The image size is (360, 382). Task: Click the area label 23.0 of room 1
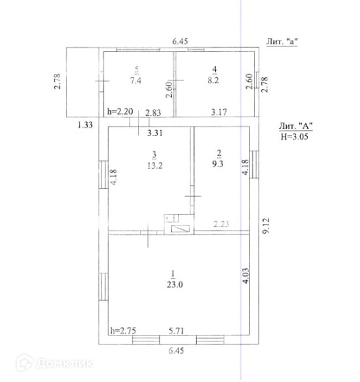[175, 284]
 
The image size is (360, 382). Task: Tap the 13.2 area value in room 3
[155, 166]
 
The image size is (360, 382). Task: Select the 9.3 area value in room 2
[217, 164]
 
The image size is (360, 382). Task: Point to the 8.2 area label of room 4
[213, 80]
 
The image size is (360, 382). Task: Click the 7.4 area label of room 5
[135, 80]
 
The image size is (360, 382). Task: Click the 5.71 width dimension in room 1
[176, 331]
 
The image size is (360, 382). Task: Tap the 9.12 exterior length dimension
[266, 226]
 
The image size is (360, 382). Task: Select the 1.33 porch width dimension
[85, 125]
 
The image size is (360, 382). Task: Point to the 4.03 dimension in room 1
[246, 276]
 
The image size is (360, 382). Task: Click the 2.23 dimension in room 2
[221, 224]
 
